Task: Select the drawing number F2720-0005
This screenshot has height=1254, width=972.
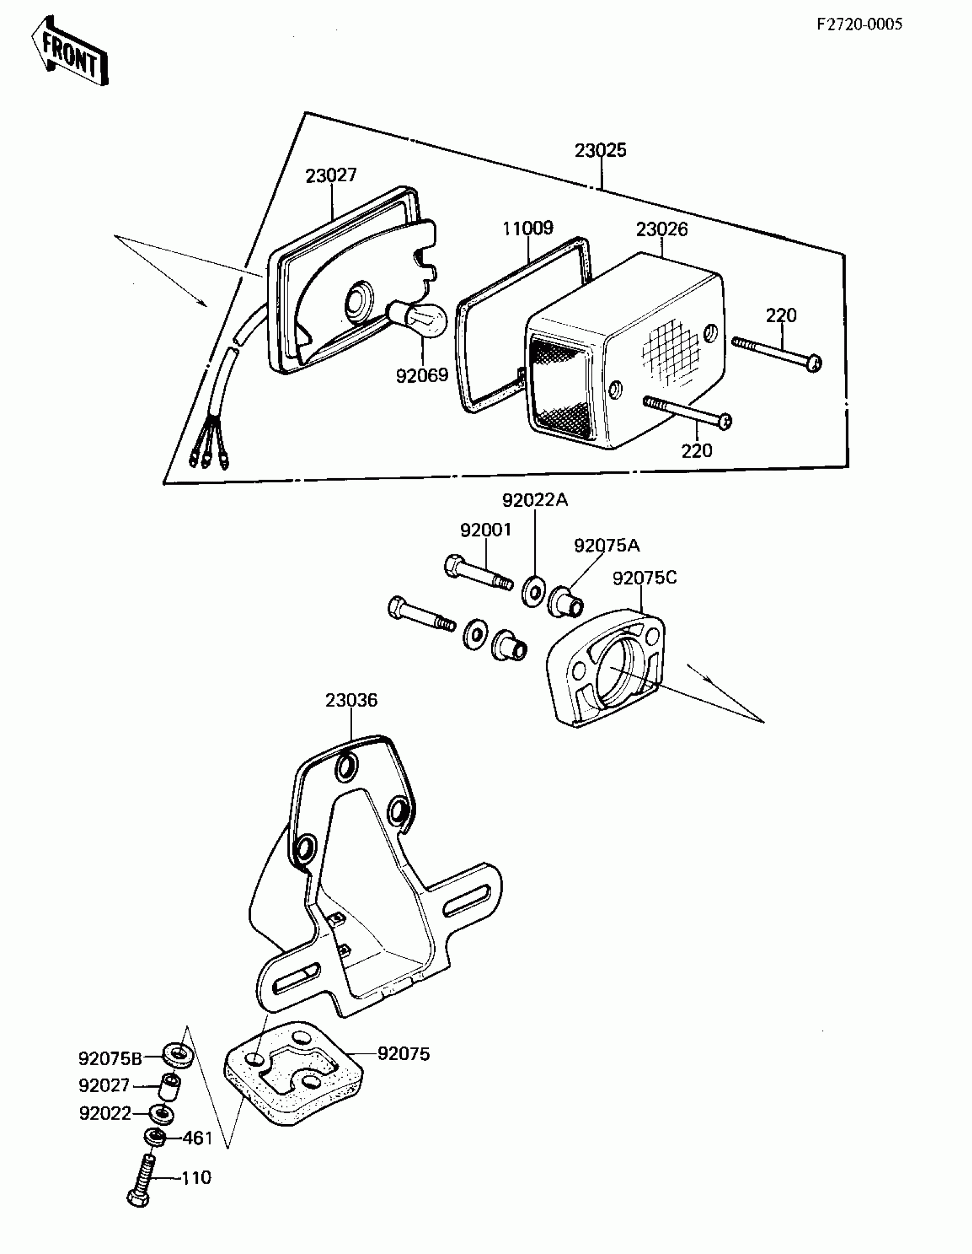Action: [859, 24]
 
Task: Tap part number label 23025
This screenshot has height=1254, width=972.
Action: [600, 150]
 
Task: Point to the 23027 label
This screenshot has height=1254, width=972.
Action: [331, 175]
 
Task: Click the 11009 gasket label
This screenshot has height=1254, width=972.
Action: [528, 228]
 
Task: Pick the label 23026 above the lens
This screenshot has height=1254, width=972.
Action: [662, 229]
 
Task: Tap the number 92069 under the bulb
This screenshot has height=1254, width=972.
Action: [422, 375]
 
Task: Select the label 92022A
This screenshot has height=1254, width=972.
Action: [535, 500]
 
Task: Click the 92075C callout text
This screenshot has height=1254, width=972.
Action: [644, 578]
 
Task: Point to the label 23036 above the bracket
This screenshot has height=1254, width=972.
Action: [351, 700]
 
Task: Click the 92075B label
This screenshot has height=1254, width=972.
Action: [110, 1058]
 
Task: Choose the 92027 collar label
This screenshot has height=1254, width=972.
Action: [104, 1086]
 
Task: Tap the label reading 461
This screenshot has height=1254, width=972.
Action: [197, 1137]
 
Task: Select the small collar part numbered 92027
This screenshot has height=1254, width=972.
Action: [170, 1088]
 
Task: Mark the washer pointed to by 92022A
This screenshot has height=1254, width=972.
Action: [534, 590]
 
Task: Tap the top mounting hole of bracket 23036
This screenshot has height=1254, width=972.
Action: [346, 767]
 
